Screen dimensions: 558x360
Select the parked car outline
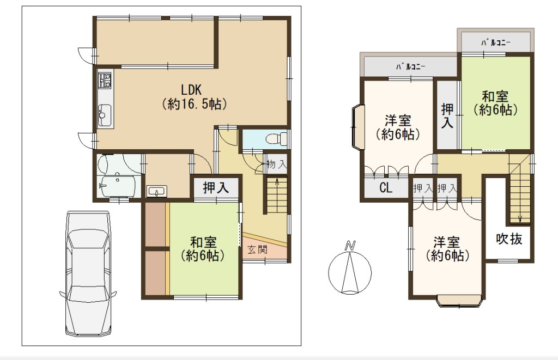[88, 273]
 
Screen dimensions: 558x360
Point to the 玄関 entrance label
[257, 250]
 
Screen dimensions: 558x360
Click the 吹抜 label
[510, 239]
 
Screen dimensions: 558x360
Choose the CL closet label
[386, 187]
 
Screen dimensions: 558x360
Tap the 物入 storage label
[276, 164]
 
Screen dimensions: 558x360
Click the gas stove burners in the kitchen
[105, 81]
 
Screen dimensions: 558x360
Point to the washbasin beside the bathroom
[157, 191]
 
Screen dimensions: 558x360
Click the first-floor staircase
[277, 195]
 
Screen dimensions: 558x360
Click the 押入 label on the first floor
[216, 187]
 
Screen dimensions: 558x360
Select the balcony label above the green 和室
[496, 42]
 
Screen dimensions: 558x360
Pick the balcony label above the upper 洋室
[411, 66]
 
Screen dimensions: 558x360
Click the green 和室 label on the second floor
[495, 103]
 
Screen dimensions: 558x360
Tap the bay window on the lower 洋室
[459, 301]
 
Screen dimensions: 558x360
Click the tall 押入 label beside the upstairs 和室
[447, 115]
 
